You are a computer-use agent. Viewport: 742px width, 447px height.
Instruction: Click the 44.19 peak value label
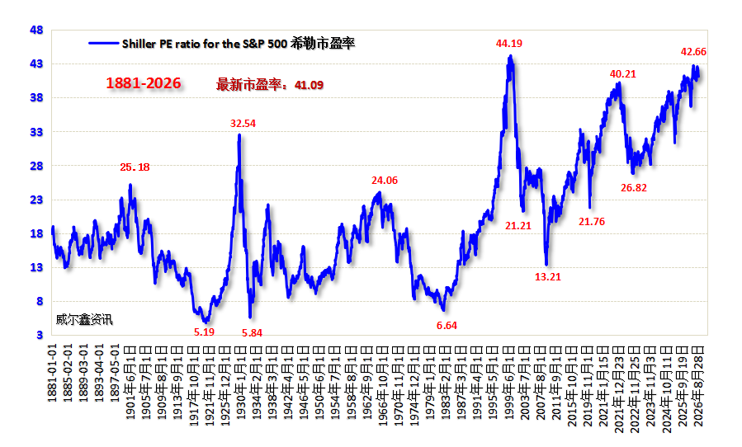[508, 44]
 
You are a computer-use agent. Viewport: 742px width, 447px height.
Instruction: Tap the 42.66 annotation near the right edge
[693, 52]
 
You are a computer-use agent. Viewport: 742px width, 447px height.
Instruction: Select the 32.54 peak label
[243, 124]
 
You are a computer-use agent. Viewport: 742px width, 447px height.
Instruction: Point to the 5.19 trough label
[204, 332]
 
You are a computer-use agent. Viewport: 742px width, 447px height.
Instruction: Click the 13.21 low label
[547, 277]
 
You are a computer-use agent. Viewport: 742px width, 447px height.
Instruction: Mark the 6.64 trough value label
[447, 326]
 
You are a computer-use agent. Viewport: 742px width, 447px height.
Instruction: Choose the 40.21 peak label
[623, 73]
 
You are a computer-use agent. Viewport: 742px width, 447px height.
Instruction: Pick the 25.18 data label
[135, 167]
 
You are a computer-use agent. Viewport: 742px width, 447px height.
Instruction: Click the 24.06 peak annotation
[385, 181]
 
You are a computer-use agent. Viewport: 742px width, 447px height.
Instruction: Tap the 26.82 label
[634, 188]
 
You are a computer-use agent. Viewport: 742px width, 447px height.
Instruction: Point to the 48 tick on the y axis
[36, 31]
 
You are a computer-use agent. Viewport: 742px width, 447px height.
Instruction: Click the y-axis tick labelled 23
[36, 200]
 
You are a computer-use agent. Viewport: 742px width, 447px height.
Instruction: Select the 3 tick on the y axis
[40, 335]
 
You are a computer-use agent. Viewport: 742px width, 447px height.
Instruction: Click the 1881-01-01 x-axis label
[52, 374]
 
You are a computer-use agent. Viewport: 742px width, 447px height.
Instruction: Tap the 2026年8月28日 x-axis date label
[698, 386]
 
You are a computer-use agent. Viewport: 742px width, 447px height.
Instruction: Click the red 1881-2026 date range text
[144, 83]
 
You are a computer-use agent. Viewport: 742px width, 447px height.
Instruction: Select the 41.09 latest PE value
[309, 85]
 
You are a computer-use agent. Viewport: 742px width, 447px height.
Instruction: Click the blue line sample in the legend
[104, 44]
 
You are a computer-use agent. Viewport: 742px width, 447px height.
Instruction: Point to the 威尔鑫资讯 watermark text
[84, 320]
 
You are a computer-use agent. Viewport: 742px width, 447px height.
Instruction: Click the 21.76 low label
[592, 221]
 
